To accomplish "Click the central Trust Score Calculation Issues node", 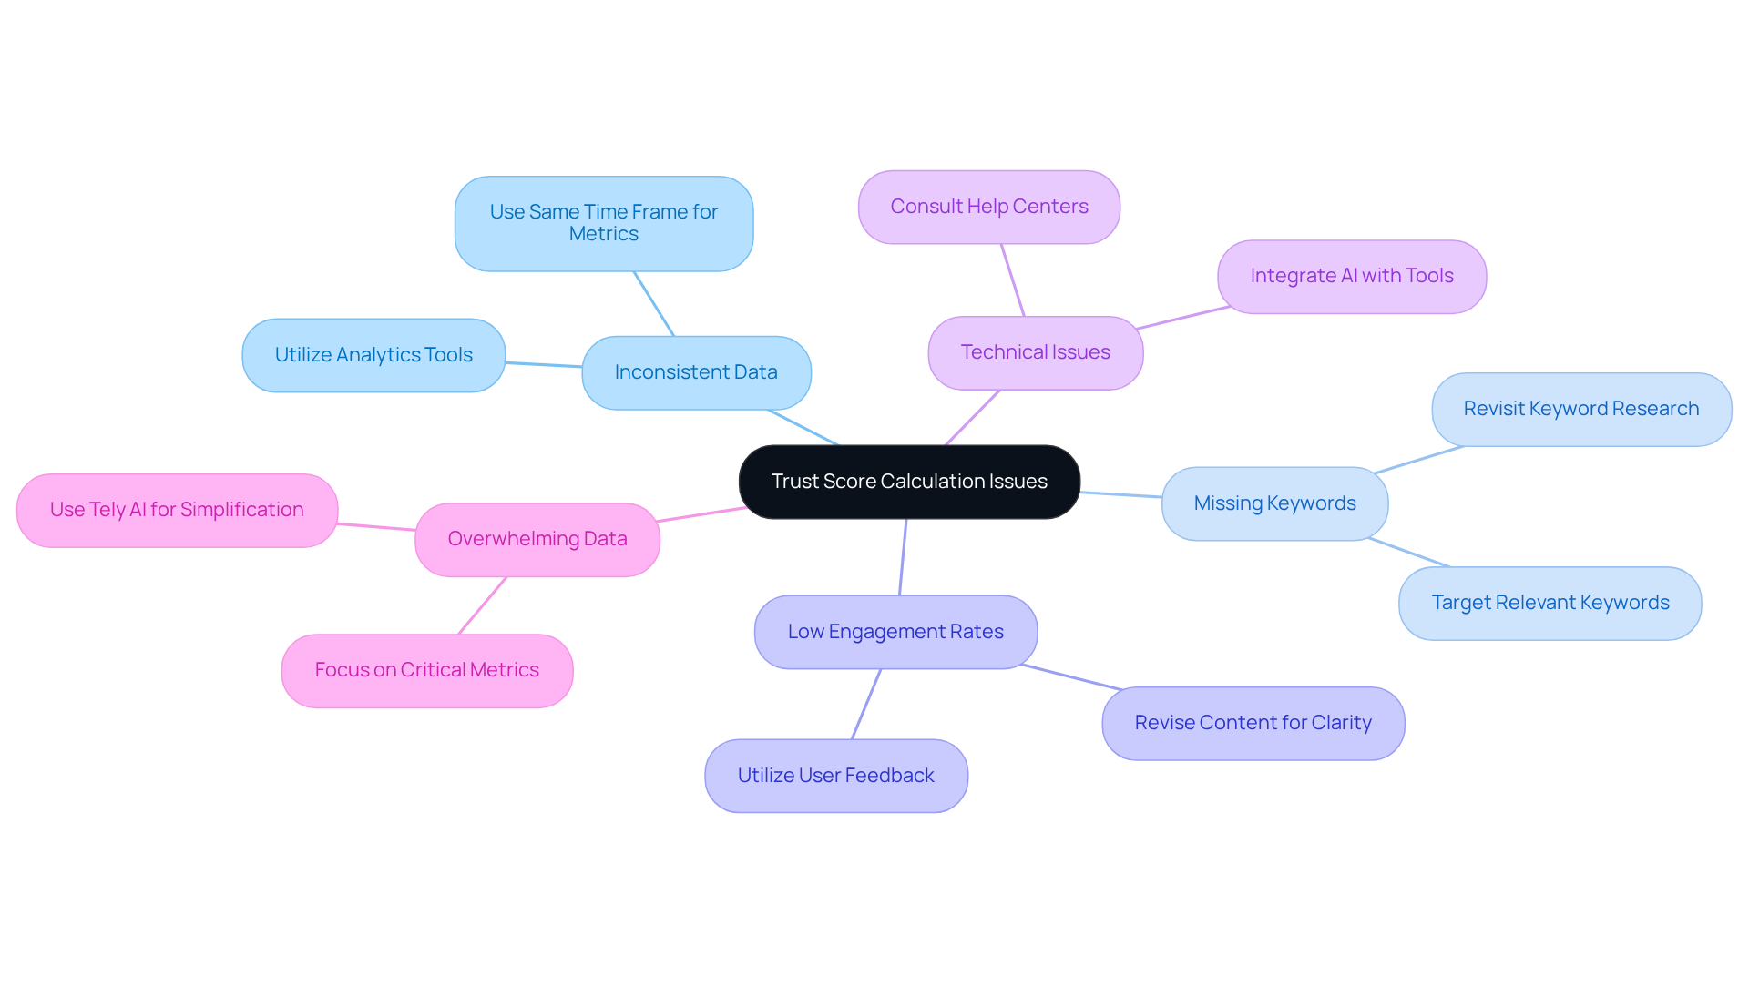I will pos(909,482).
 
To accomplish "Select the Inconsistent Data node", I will pos(696,372).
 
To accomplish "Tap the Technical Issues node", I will pos(1035,352).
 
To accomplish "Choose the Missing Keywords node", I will pos(1274,503).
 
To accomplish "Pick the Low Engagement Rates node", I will pos(895,632).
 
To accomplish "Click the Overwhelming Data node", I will pos(537,539).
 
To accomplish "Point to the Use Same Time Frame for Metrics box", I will pos(603,223).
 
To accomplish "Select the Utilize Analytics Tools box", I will pos(373,355).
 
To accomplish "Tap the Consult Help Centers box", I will pos(988,207).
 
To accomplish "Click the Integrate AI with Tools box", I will pos(1351,276).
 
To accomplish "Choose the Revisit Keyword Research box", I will pos(1580,409).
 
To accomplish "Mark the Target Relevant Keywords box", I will pos(1550,603).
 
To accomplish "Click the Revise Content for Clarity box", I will pos(1253,723).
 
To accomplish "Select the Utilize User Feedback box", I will pos(835,776).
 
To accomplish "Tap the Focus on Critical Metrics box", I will pos(426,670).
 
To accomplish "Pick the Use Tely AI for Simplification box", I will pos(177,510).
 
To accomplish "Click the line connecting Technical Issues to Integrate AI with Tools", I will pos(1183,318).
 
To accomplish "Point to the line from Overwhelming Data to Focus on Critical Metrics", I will pos(483,605).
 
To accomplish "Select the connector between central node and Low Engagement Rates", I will pos(903,557).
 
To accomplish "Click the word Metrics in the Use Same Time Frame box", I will pos(603,234).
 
